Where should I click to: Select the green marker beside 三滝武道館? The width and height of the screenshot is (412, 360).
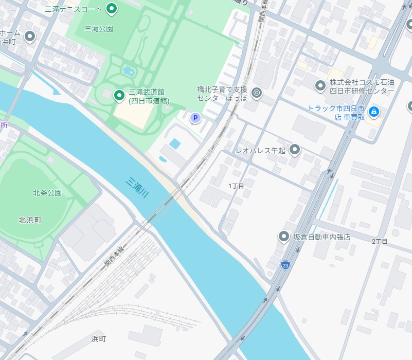[119, 95]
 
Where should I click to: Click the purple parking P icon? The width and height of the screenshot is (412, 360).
[195, 118]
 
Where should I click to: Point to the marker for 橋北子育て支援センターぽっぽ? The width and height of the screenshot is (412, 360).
[257, 93]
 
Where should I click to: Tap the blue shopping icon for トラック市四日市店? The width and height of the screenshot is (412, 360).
[374, 111]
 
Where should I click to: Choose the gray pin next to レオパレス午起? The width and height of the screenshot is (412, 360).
[295, 150]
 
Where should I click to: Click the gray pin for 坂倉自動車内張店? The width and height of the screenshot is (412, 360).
[283, 237]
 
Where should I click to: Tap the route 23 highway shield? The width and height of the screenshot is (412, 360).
[285, 265]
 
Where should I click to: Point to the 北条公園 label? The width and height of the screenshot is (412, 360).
[47, 193]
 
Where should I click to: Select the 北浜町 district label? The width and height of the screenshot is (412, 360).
[30, 220]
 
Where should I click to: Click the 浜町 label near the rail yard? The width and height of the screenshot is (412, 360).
[98, 338]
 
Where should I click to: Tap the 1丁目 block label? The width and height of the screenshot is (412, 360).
[236, 185]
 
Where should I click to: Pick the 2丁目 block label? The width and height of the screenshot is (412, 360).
[380, 241]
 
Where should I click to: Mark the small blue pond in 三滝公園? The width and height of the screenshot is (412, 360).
[129, 71]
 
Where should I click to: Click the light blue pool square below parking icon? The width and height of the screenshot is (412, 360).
[175, 143]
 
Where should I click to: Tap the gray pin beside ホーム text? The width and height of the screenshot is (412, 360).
[30, 36]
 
